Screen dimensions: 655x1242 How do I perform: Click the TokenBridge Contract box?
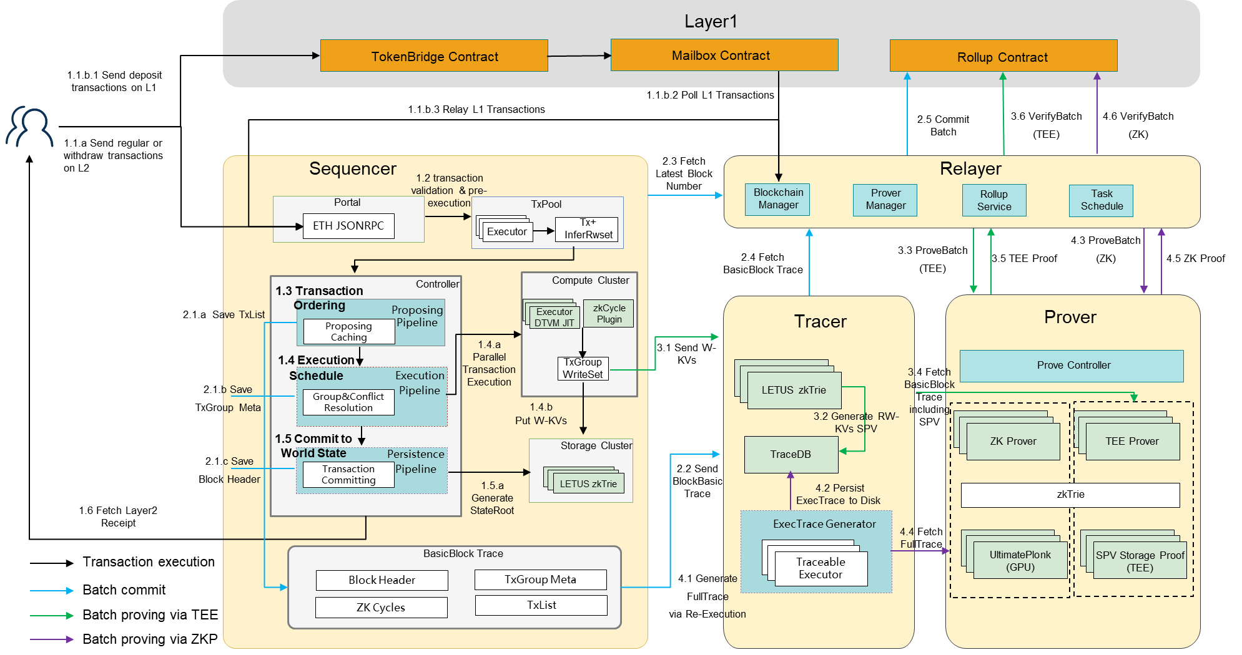point(434,56)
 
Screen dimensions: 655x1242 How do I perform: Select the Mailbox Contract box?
point(724,56)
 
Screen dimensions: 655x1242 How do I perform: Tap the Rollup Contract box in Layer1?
point(1003,56)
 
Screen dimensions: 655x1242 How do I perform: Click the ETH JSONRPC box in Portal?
point(348,226)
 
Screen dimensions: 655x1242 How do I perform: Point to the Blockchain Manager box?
point(777,199)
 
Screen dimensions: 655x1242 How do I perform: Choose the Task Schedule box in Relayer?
point(1101,200)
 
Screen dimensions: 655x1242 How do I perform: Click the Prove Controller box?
point(1072,366)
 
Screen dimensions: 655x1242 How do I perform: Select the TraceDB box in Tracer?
point(791,454)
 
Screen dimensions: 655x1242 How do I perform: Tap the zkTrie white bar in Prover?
point(1070,495)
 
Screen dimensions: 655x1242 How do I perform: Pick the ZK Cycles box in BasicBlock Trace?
point(381,608)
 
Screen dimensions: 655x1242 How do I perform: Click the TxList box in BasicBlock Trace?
point(541,605)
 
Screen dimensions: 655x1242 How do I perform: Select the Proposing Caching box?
point(348,332)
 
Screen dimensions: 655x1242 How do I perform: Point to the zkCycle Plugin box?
point(609,314)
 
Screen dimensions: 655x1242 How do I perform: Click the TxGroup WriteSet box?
point(583,368)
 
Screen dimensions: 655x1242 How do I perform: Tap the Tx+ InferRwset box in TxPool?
point(588,229)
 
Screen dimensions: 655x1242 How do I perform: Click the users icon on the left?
point(30,127)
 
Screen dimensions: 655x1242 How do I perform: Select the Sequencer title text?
point(353,169)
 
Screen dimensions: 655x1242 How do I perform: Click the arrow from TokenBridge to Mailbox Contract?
point(579,56)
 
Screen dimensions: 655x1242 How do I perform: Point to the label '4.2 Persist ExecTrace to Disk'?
point(838,494)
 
